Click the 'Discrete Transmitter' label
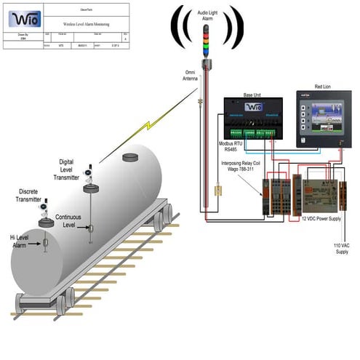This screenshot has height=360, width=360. [x=29, y=196]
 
